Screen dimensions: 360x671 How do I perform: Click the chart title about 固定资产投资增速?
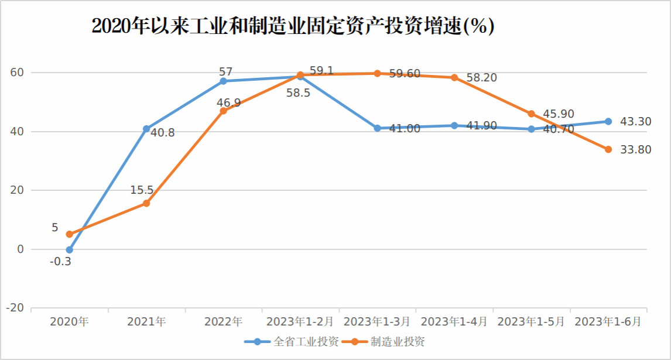coord(293,27)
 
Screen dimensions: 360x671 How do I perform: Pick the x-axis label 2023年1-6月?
coord(608,321)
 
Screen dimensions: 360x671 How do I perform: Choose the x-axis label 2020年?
coord(69,321)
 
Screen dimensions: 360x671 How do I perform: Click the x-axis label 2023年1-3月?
coord(377,321)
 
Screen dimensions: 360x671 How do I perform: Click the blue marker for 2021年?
coord(146,129)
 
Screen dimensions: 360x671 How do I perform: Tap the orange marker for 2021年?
coord(146,203)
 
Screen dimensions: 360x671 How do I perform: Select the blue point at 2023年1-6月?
coord(608,121)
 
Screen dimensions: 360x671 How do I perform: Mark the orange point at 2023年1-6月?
coord(608,149)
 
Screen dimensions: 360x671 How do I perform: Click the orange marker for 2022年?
coord(223,111)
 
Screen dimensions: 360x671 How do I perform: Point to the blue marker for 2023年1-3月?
coord(377,128)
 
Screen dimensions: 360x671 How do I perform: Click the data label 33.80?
coord(635,150)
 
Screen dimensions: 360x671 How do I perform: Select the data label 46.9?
coord(228,103)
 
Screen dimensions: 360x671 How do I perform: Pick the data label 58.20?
coord(482,78)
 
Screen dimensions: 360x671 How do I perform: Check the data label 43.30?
coord(635,122)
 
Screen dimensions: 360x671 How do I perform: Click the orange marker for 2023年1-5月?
coord(531,114)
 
